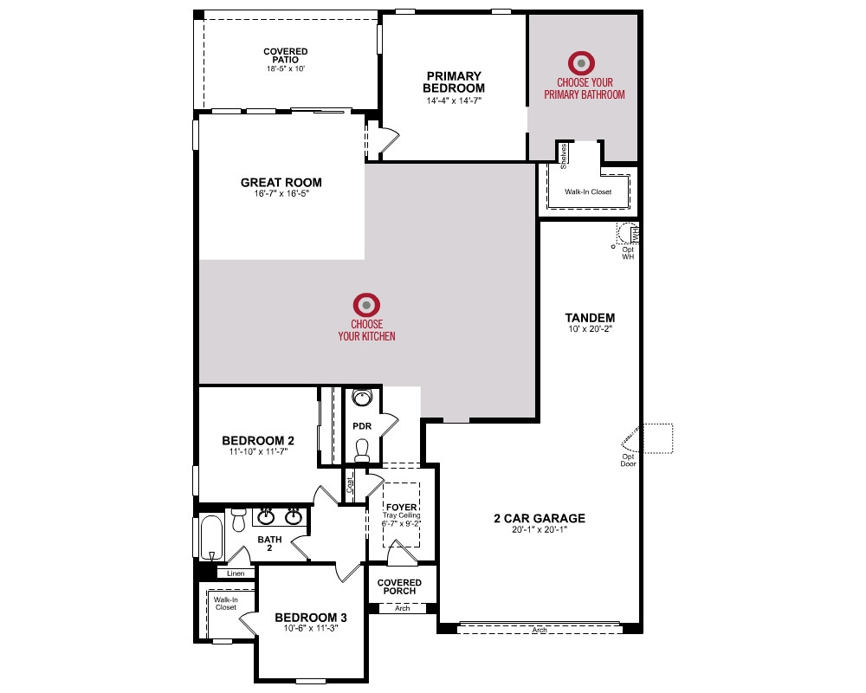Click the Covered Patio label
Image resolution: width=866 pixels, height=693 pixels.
coord(286,55)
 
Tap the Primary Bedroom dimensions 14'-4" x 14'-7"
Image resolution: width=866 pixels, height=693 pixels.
coord(454,100)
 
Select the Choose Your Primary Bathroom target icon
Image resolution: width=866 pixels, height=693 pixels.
coord(582,63)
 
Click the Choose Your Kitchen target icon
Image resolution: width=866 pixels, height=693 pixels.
coord(366,305)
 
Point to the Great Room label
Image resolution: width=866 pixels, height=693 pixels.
coord(281,183)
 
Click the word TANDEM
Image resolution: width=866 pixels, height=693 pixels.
coord(590,318)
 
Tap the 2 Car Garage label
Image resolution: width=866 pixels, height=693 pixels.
coord(540,518)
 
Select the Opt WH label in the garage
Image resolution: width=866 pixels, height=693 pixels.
coord(628,253)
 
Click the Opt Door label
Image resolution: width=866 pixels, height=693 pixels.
coord(628,460)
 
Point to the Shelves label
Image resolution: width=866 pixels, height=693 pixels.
coord(564,156)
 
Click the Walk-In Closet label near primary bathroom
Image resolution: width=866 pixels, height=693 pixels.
coord(588,191)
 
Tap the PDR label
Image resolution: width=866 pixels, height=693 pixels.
coord(362,426)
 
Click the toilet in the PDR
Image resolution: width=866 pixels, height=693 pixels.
coord(362,450)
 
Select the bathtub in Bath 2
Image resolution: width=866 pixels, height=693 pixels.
coord(211,538)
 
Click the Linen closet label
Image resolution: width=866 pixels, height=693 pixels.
coord(236,573)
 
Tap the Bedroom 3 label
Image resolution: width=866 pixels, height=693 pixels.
coord(311,618)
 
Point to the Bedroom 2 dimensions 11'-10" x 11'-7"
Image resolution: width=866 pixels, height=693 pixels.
coord(258,451)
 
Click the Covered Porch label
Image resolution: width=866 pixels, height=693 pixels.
coord(399,586)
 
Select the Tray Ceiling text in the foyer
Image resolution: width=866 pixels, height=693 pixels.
coord(402,515)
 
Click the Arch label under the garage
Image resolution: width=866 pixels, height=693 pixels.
coord(540,630)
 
